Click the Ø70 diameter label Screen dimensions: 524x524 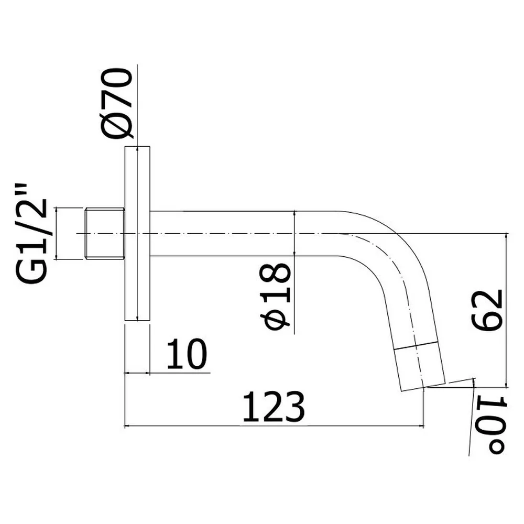tap(116, 103)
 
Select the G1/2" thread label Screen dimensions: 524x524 tap(31, 234)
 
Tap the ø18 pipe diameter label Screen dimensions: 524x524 tap(275, 296)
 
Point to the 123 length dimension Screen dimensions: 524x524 tap(274, 407)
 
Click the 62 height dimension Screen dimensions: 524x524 tap(487, 310)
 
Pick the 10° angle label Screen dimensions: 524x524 tap(492, 424)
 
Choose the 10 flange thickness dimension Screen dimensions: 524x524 tap(187, 354)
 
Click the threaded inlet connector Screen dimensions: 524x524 tap(104, 233)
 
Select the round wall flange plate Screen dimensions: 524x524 tap(137, 233)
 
